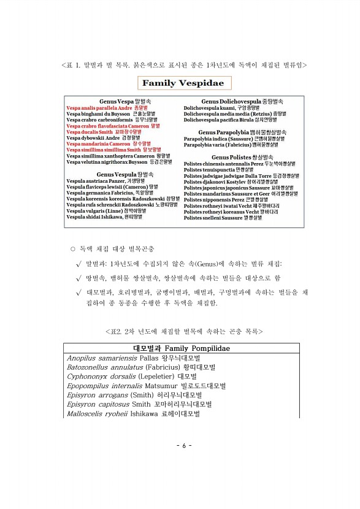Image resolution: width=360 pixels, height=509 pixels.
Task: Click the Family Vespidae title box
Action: (x=180, y=83)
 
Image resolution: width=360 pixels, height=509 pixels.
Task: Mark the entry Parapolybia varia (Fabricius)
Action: (x=234, y=145)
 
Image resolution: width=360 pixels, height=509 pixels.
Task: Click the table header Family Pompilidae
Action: (x=179, y=349)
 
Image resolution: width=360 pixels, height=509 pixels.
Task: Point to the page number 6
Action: (x=180, y=445)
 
